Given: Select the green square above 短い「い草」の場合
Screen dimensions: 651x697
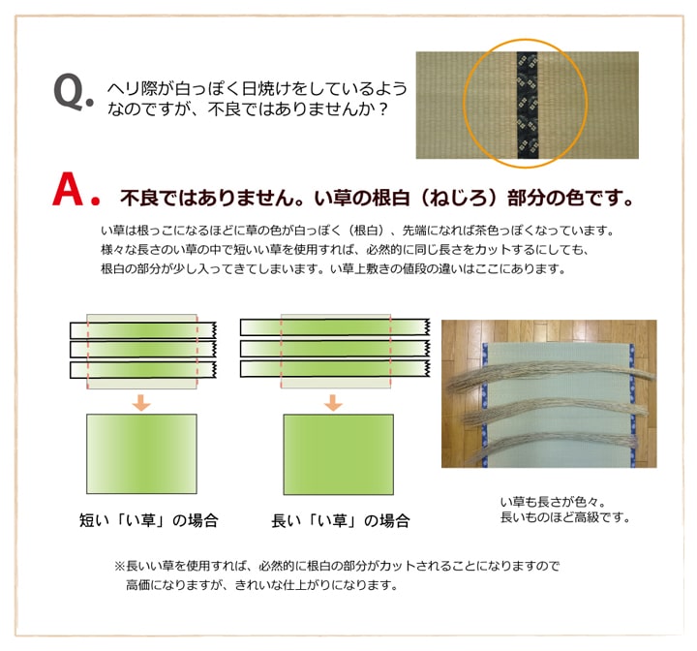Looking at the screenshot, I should coord(140,455).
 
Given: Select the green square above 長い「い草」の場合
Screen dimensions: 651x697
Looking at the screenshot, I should coord(336,455).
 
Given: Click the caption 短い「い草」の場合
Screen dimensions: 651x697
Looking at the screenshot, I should coord(148,520).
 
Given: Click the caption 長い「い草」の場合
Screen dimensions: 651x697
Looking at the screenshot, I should coord(340,520).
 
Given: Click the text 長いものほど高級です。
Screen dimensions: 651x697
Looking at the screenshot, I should coord(564,517).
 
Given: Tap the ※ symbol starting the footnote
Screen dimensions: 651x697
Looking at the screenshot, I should coord(121,565).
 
